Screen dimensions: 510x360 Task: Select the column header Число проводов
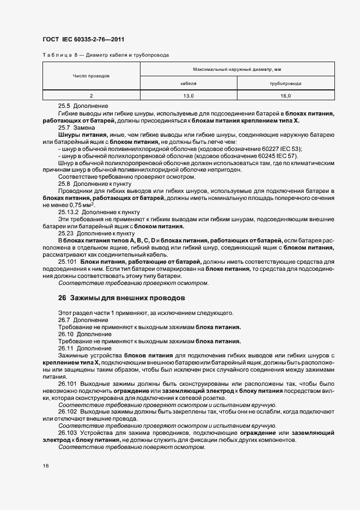click(x=91, y=76)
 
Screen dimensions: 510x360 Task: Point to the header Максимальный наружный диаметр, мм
click(x=237, y=69)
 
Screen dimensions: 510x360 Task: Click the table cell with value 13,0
click(x=188, y=95)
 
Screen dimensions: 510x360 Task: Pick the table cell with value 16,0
click(x=285, y=95)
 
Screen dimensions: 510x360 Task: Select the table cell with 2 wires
click(x=91, y=95)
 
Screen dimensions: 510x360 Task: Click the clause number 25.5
click(x=64, y=105)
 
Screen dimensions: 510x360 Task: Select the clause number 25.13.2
click(x=68, y=212)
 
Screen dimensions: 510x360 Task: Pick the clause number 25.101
click(x=68, y=262)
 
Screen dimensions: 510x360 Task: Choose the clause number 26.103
click(x=68, y=433)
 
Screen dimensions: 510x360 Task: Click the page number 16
click(x=45, y=466)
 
